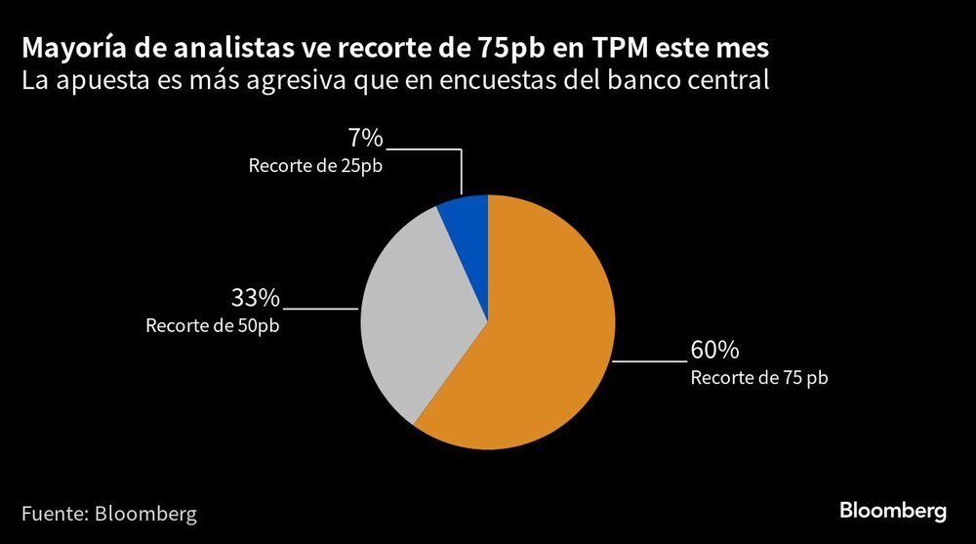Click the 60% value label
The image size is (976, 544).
(714, 350)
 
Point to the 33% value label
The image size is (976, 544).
(255, 297)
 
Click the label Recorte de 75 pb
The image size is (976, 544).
(758, 378)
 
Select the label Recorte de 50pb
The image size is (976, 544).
(213, 326)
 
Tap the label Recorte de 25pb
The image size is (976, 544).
(315, 166)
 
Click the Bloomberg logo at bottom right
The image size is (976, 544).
(893, 511)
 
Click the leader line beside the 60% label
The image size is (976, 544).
(649, 361)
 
